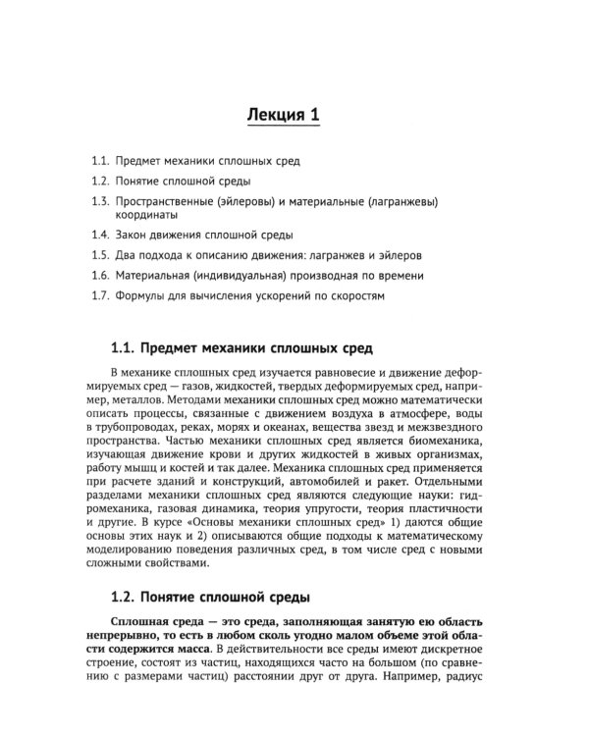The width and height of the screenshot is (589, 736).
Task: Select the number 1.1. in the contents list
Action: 98,160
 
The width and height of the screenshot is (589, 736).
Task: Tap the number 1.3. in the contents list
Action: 98,202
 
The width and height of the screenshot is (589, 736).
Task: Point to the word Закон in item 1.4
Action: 133,237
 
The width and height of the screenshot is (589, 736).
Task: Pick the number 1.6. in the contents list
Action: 98,276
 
